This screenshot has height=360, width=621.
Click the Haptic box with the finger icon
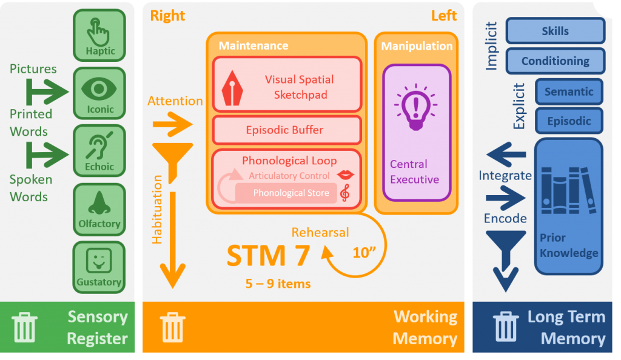(x=99, y=35)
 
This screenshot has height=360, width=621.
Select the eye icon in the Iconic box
(x=99, y=88)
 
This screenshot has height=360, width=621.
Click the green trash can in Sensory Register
(x=24, y=327)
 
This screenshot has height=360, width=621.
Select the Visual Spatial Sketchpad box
(x=287, y=85)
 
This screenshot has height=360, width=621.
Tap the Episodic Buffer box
(x=287, y=130)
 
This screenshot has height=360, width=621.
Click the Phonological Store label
(x=291, y=193)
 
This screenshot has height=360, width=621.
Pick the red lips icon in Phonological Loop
(x=346, y=175)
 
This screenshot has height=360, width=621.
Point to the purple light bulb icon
(x=415, y=108)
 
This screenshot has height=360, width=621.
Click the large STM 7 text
(x=268, y=256)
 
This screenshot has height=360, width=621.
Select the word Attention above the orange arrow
(x=175, y=101)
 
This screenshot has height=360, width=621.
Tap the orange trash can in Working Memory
(x=173, y=327)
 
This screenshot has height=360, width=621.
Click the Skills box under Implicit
(x=555, y=31)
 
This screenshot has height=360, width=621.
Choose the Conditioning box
(x=555, y=61)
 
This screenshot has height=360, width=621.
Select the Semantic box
(x=569, y=92)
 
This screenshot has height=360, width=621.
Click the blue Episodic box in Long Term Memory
(x=569, y=121)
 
